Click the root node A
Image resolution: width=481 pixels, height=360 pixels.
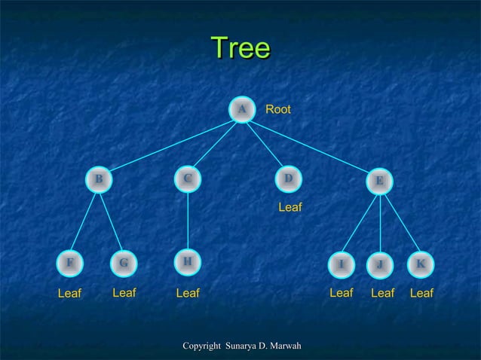(241, 110)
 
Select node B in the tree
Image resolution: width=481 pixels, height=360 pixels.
(98, 179)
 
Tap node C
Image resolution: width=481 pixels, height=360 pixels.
(187, 178)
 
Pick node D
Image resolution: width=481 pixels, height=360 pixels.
(287, 178)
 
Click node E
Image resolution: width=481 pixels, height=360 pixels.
(379, 181)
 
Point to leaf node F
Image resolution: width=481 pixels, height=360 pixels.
(70, 263)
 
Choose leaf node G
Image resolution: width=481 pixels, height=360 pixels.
(123, 264)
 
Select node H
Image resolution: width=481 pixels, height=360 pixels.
(187, 261)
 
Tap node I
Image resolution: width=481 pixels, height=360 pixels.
(341, 264)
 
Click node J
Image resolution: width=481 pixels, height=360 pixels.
(380, 264)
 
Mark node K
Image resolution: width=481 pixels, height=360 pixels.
(420, 264)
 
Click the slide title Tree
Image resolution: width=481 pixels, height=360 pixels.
(240, 48)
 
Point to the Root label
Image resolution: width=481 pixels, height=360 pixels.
(278, 110)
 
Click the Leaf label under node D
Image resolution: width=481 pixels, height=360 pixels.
(290, 206)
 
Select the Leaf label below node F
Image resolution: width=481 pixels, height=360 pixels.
(69, 294)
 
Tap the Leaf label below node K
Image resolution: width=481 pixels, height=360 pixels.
(421, 293)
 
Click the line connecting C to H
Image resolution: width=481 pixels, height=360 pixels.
(187, 220)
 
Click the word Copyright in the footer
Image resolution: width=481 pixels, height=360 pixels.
(202, 346)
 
